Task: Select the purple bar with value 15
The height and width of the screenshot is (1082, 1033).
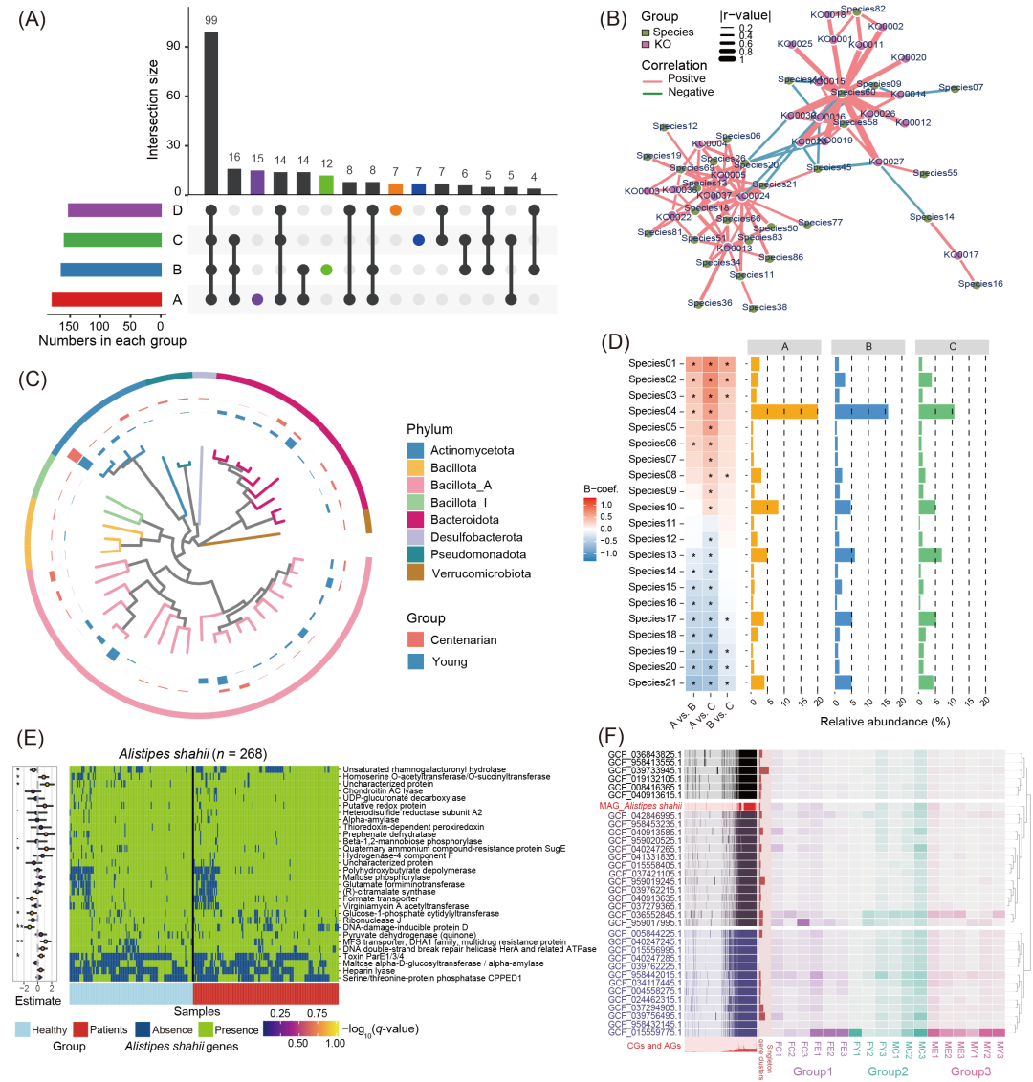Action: [256, 182]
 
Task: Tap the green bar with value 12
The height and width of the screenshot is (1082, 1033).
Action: [326, 184]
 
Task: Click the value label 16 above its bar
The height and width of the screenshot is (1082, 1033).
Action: [233, 157]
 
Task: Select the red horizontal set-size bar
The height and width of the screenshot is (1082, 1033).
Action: [106, 300]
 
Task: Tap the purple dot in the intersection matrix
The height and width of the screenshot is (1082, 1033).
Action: [256, 299]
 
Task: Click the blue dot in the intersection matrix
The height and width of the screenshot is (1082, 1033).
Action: [418, 239]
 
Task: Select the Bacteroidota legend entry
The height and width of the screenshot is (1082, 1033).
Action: [469, 521]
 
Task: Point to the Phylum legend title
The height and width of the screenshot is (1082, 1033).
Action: [429, 429]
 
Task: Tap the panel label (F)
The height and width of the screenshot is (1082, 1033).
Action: [612, 737]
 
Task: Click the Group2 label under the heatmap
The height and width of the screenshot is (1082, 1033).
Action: [889, 1072]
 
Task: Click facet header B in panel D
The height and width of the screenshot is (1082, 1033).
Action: [868, 346]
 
